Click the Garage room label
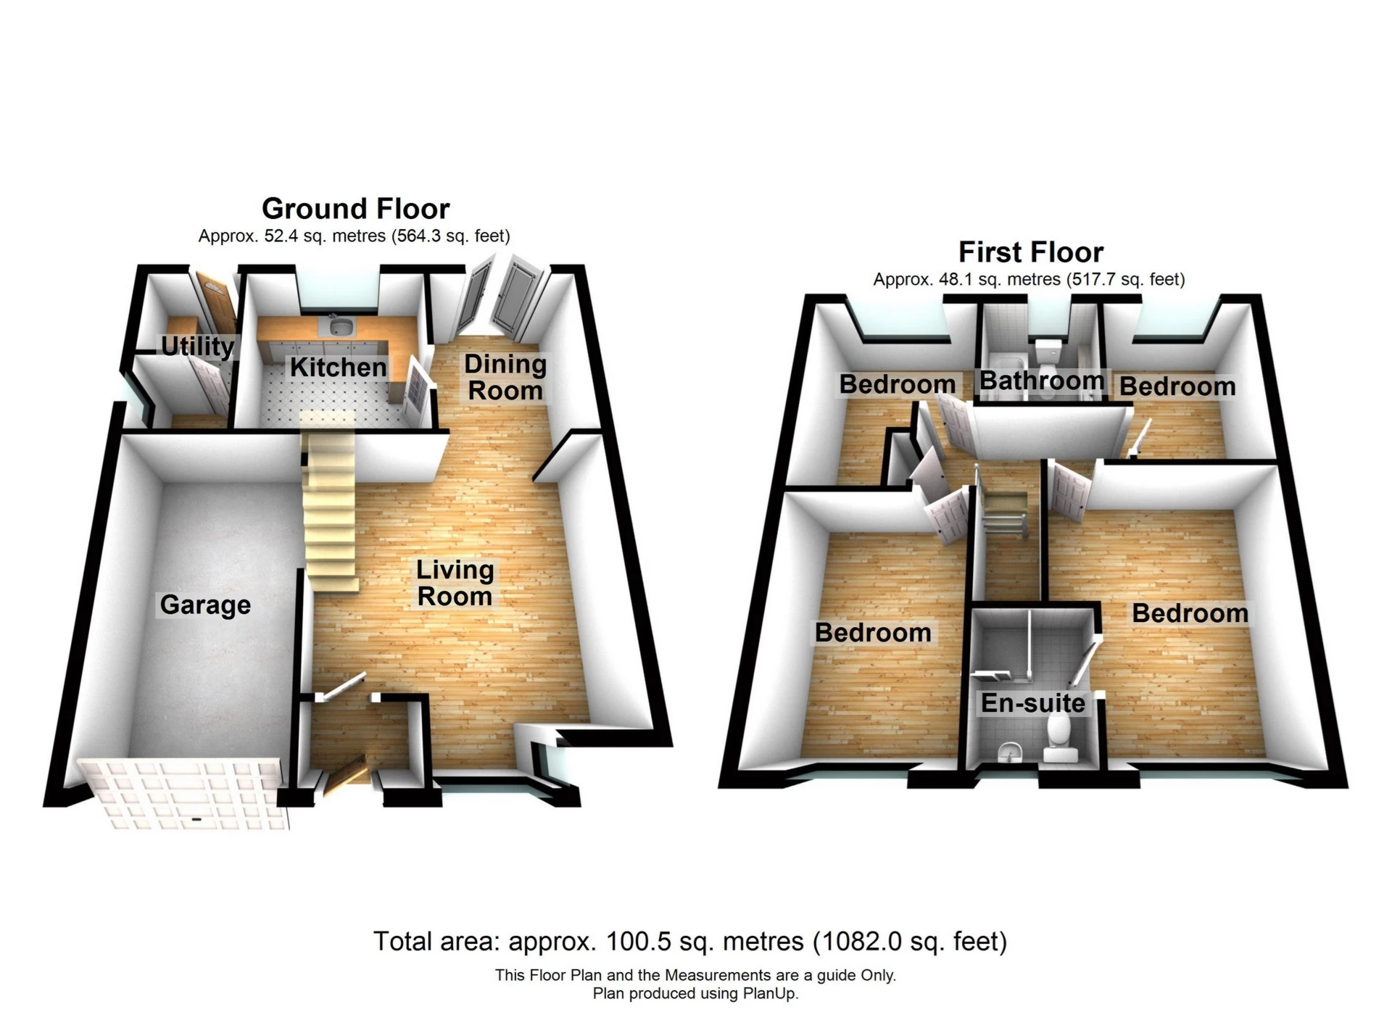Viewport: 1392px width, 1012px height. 205,605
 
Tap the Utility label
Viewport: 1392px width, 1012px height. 197,347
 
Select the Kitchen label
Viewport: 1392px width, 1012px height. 338,368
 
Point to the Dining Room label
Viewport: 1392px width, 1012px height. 505,377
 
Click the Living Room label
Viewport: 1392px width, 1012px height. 455,583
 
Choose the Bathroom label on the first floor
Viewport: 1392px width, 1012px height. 1041,381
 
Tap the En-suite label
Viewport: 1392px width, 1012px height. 1032,702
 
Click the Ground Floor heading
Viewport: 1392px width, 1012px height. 355,209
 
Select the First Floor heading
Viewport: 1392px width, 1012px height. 1030,252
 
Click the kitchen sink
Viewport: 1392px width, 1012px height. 339,326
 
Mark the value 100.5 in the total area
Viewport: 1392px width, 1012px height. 632,942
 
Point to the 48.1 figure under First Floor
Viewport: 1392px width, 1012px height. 952,280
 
